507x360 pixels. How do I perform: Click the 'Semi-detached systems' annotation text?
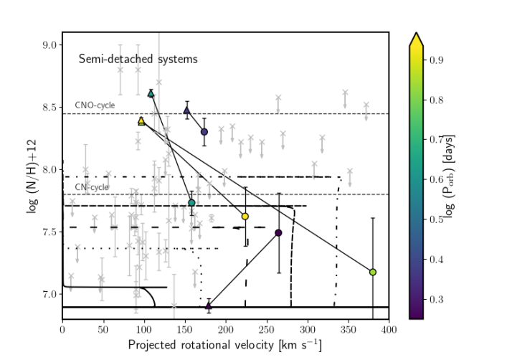pyautogui.click(x=138, y=59)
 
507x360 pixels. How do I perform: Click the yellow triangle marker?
pyautogui.click(x=141, y=121)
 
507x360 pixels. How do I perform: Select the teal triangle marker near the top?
pyautogui.click(x=151, y=93)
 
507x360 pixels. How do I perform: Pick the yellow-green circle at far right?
pyautogui.click(x=373, y=272)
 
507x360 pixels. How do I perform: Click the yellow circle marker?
pyautogui.click(x=245, y=216)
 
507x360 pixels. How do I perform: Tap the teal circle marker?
pyautogui.click(x=191, y=203)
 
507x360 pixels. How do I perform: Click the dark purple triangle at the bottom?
pyautogui.click(x=209, y=305)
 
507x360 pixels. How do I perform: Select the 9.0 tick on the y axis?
pyautogui.click(x=49, y=44)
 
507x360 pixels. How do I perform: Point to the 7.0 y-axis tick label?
pyautogui.click(x=49, y=295)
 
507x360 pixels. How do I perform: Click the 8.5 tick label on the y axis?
pyautogui.click(x=49, y=108)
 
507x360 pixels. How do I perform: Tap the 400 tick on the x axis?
pyautogui.click(x=389, y=328)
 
